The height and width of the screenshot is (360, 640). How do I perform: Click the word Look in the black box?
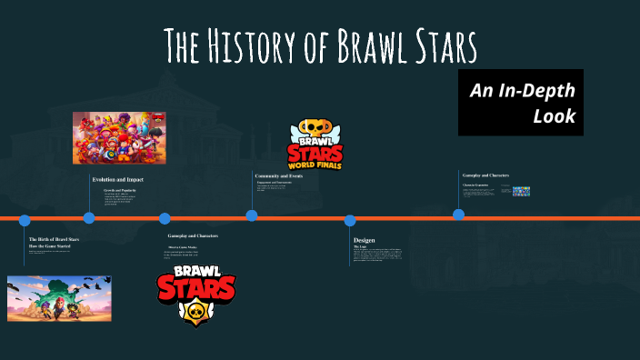[555, 116]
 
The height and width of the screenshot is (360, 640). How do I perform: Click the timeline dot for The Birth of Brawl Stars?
[25, 220]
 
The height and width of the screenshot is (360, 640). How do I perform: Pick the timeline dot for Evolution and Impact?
[89, 217]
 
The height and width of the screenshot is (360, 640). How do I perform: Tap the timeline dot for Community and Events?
[252, 215]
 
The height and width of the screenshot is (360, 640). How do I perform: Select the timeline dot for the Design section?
[350, 220]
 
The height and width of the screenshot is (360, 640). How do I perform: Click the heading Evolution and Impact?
[117, 179]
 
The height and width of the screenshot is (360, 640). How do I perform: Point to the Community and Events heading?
[279, 175]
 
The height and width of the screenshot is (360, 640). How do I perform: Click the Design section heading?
[364, 240]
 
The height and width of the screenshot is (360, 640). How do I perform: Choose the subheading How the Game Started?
[49, 246]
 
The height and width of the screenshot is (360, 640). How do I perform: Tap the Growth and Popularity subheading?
[121, 190]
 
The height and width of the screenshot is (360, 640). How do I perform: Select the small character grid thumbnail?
[521, 192]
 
